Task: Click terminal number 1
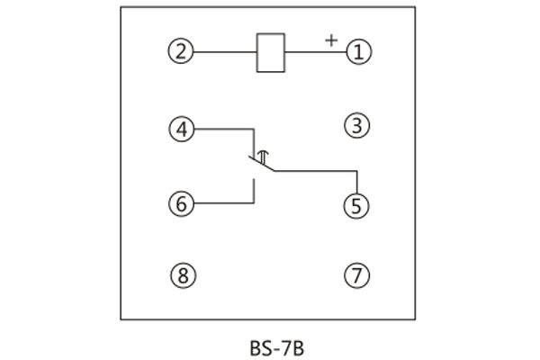click(x=358, y=51)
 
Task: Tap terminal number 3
click(x=358, y=127)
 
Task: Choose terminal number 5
click(x=357, y=205)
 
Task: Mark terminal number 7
click(x=357, y=275)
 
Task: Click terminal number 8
click(x=182, y=275)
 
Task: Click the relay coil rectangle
click(x=271, y=52)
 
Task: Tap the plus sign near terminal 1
click(x=331, y=40)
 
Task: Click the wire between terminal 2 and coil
click(x=225, y=52)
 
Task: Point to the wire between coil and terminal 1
click(x=315, y=52)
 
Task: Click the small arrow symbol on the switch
click(x=263, y=158)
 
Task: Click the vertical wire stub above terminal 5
click(x=357, y=180)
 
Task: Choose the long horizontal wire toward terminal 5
click(x=315, y=169)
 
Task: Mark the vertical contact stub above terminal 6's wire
click(x=253, y=191)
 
